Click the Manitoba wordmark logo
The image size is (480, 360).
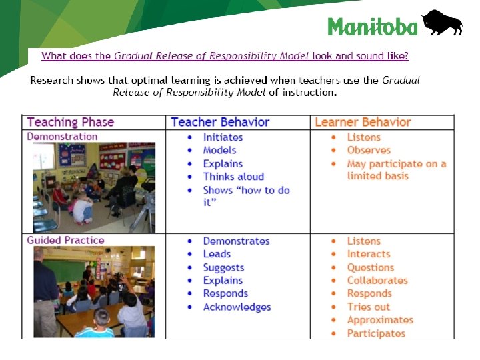pyautogui.click(x=373, y=27)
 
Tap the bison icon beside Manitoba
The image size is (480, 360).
pyautogui.click(x=441, y=23)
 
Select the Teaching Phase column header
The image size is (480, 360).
pyautogui.click(x=71, y=122)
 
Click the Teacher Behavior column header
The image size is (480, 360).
pyautogui.click(x=220, y=122)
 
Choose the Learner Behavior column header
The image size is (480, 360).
pyautogui.click(x=363, y=122)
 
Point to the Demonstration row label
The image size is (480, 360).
pyautogui.click(x=62, y=137)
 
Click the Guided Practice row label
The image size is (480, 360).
pyautogui.click(x=65, y=240)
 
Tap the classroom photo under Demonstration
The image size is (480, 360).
pyautogui.click(x=94, y=187)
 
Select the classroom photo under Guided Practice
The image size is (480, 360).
pyautogui.click(x=94, y=292)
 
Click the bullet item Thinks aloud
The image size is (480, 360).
pyautogui.click(x=233, y=177)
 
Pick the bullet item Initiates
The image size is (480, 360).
pyautogui.click(x=223, y=137)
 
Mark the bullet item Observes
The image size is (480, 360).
pyautogui.click(x=369, y=151)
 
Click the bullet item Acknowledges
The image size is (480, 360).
pyautogui.click(x=237, y=307)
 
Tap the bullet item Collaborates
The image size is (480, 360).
pyautogui.click(x=377, y=281)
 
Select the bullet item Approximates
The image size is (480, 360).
pyautogui.click(x=380, y=320)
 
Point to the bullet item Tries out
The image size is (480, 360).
pyautogui.click(x=368, y=307)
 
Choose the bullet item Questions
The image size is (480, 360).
pyautogui.click(x=371, y=267)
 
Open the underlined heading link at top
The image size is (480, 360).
pyautogui.click(x=225, y=56)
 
